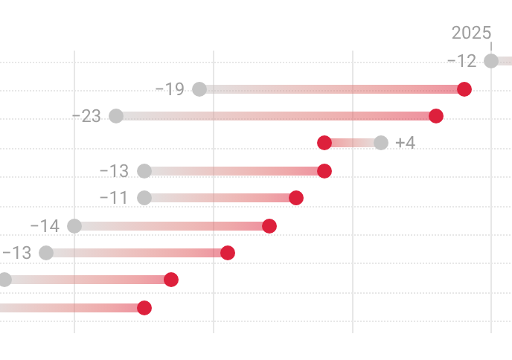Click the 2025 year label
471,33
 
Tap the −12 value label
461,61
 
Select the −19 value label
170,89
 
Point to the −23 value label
86,117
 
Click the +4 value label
406,143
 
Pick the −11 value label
114,198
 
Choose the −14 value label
45,226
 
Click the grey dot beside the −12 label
491,61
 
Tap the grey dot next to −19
199,89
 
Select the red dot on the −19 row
464,89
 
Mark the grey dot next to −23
116,116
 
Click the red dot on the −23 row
436,116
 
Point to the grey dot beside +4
381,143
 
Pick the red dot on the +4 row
324,143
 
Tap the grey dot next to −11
144,198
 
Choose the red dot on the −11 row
296,198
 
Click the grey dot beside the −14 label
74,226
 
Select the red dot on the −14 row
269,226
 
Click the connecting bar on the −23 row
275,116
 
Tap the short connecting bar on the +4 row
353,143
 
